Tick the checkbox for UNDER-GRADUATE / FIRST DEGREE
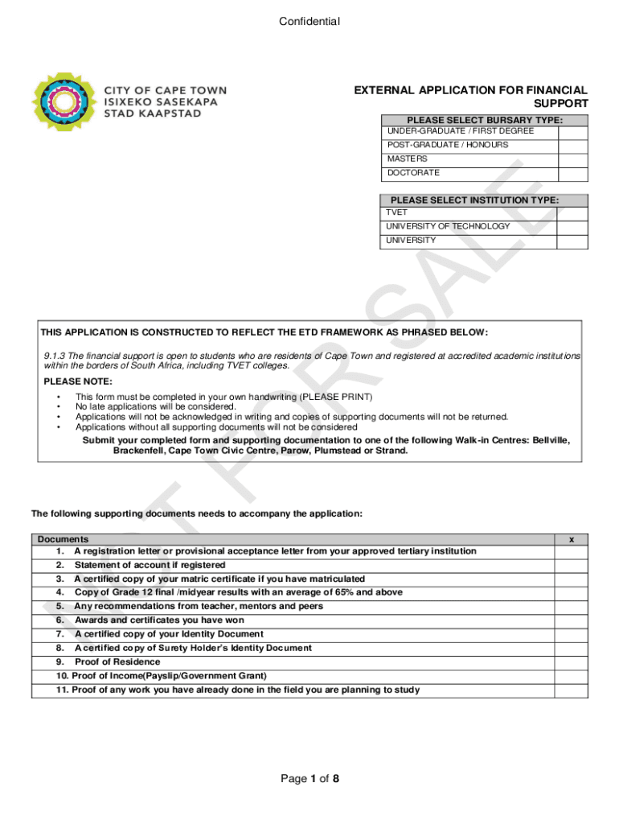click(572, 131)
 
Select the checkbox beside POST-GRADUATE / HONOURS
click(572, 146)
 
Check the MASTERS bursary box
click(572, 159)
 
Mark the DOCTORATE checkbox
click(572, 173)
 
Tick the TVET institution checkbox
click(572, 212)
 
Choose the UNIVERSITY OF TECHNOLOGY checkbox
click(572, 227)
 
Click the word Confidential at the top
click(309, 22)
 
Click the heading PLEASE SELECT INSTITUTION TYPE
click(474, 200)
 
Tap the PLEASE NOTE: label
click(78, 381)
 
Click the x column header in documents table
click(571, 539)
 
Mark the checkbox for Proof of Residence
click(571, 662)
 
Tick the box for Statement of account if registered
click(571, 565)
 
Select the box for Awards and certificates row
click(571, 620)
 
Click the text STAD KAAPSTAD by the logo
click(154, 113)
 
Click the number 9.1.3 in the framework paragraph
click(57, 356)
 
